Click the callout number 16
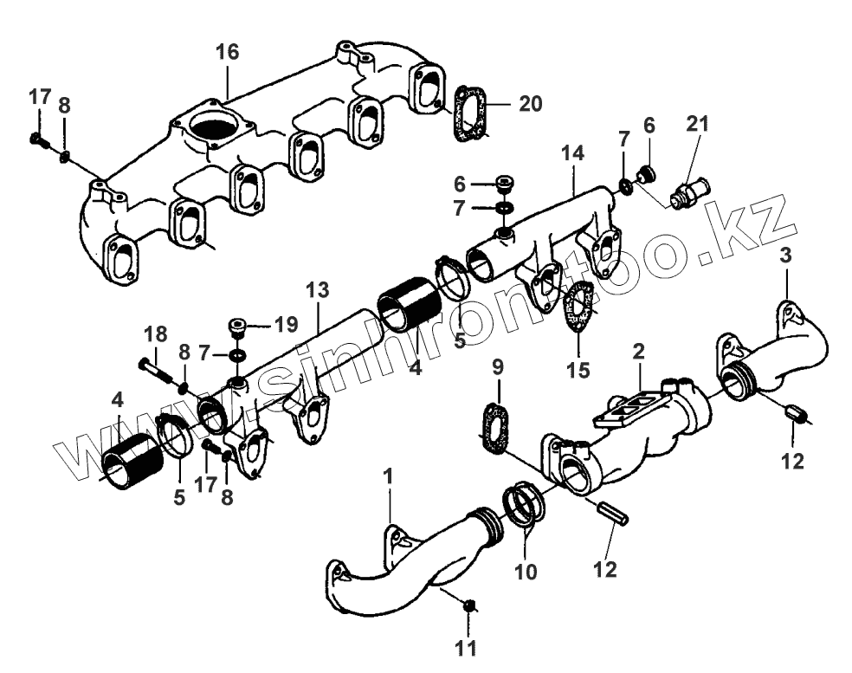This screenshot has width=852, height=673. pos(227,52)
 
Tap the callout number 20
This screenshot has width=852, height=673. pos(531,104)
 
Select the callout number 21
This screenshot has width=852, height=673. pos(698,124)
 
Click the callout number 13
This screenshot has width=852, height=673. pos(319,289)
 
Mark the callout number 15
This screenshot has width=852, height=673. pos(578,370)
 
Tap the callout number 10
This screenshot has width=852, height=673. pos(527,572)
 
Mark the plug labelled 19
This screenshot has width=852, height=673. pos(237,328)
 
